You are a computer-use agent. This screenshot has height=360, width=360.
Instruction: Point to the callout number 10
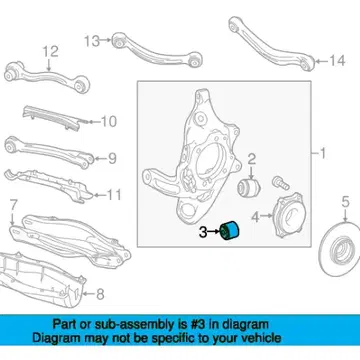(109, 122)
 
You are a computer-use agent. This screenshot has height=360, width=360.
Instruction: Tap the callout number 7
(13, 206)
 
